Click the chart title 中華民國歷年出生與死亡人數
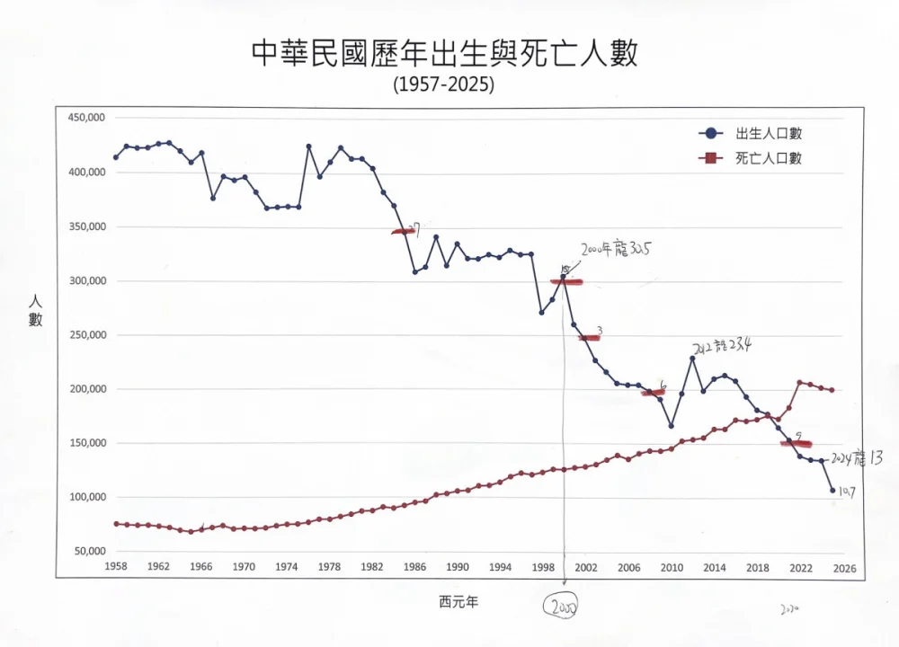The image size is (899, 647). (444, 55)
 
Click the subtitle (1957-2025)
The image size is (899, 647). (444, 84)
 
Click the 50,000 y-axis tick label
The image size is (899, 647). (86, 551)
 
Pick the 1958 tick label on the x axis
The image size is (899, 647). (115, 567)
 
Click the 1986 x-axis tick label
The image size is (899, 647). (414, 567)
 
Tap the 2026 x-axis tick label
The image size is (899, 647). (842, 567)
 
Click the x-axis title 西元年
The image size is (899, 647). (458, 601)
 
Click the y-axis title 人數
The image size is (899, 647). (35, 311)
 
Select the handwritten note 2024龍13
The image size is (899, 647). (856, 457)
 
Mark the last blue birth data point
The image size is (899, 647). (832, 491)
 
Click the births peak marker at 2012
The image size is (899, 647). (693, 359)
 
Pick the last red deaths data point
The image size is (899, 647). (832, 390)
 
